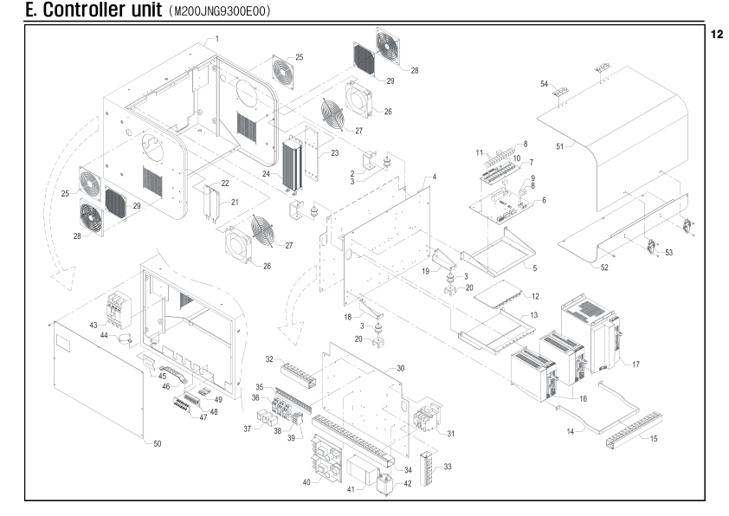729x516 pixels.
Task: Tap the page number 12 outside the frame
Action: (717, 35)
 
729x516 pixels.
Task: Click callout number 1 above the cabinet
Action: (217, 39)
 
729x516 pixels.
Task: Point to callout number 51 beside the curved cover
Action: (560, 146)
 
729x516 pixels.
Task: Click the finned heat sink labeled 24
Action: (292, 164)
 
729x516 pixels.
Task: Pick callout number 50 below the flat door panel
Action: (158, 444)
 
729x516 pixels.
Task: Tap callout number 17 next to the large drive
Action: (635, 364)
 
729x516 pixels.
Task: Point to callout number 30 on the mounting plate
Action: (400, 368)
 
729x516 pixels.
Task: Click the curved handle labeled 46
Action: (177, 376)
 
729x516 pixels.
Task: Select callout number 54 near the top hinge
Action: (544, 84)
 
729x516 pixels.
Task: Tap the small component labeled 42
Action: (387, 483)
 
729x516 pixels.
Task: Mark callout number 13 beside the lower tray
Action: (533, 315)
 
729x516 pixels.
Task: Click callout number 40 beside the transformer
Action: (306, 482)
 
